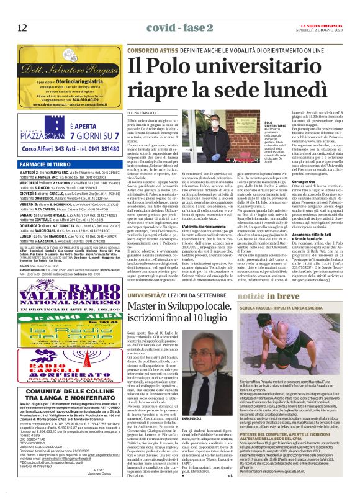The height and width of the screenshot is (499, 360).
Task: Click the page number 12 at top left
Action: [22, 27]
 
